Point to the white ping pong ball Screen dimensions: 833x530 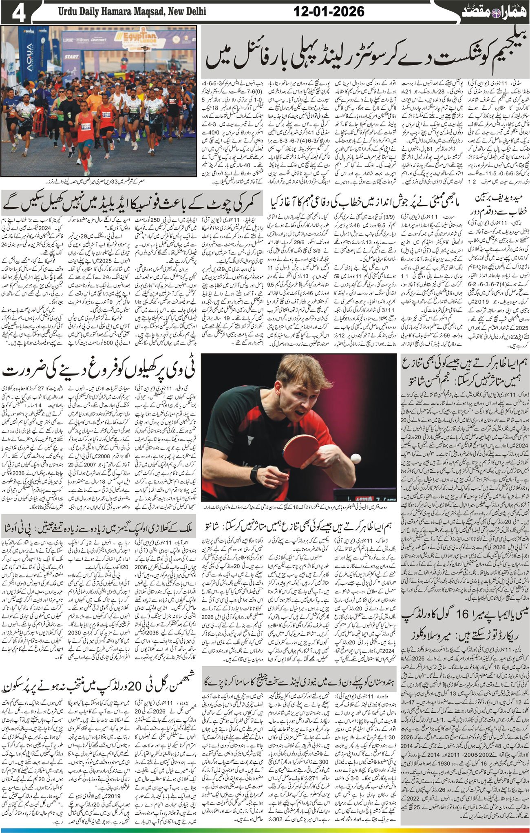click(356, 458)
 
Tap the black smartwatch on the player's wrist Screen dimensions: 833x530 click(254, 474)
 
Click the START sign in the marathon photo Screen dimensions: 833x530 click(71, 56)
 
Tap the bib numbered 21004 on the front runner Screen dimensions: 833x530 click(85, 127)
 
